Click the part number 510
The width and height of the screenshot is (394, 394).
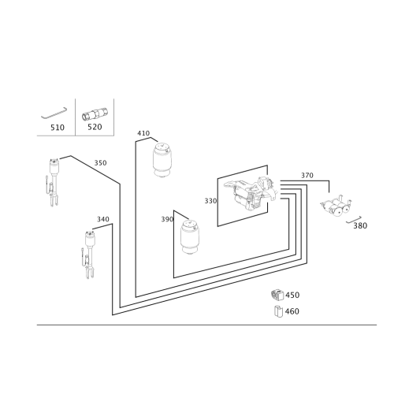58,128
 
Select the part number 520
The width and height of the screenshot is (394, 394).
95,127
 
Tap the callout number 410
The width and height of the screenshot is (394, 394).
143,133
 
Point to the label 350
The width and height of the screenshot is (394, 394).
100,163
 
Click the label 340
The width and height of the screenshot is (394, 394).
103,219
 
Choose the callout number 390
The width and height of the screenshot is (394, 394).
167,219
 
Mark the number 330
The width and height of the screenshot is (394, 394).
210,201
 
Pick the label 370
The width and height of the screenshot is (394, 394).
307,175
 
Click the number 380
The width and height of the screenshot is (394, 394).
360,225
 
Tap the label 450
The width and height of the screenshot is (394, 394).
292,295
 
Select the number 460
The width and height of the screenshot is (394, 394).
292,311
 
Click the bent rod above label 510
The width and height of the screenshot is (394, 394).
54,113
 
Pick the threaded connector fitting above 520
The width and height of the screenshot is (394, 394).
95,114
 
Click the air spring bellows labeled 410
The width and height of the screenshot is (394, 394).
162,160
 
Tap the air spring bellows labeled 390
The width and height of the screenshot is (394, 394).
190,238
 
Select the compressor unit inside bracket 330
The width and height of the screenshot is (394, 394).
251,193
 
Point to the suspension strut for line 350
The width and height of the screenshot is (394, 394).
53,183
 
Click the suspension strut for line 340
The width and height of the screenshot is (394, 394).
89,255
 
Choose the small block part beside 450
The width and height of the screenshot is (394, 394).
277,295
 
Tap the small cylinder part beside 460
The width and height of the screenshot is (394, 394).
278,311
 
